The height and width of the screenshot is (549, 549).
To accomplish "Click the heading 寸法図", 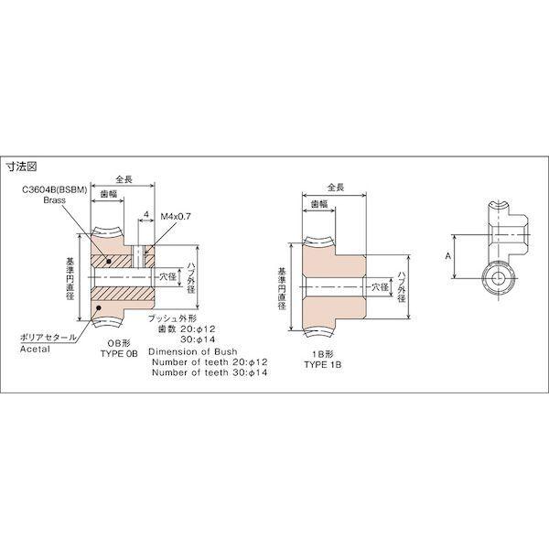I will [23, 167].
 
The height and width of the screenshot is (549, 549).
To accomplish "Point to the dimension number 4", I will [146, 216].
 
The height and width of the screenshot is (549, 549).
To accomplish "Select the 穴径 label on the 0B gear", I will [166, 274].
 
